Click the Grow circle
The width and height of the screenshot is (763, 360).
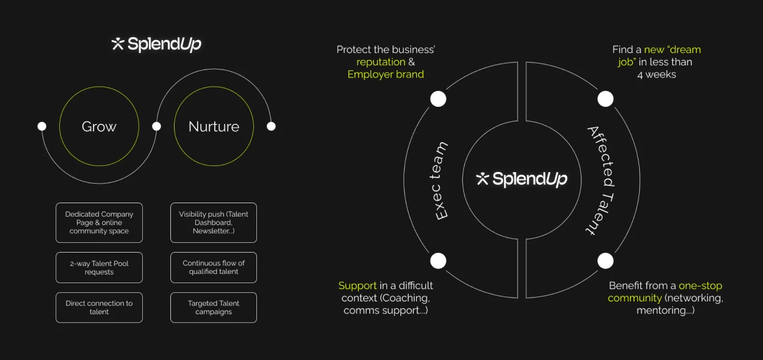(x=99, y=126)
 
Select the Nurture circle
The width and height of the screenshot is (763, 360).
(x=214, y=126)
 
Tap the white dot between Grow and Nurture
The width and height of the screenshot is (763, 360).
(x=156, y=126)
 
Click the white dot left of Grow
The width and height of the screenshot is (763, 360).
(x=42, y=126)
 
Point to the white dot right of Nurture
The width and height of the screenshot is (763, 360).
(x=271, y=126)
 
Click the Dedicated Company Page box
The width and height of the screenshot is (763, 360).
(x=99, y=223)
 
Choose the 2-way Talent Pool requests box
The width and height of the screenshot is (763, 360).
(x=99, y=267)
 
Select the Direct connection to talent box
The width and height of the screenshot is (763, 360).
(x=99, y=308)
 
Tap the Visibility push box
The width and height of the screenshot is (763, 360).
(x=214, y=223)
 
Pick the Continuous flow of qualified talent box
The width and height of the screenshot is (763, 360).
(x=214, y=267)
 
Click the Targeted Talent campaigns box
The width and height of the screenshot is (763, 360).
(x=214, y=308)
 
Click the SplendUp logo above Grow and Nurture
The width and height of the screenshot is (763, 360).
(x=156, y=44)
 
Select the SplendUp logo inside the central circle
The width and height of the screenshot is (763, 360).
(x=522, y=179)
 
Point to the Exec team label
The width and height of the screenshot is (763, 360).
(x=441, y=181)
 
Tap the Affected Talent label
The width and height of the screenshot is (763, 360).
(x=601, y=181)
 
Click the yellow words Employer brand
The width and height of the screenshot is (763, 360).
(x=385, y=74)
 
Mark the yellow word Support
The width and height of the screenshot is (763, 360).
(x=358, y=286)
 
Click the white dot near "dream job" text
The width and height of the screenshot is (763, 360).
(x=605, y=99)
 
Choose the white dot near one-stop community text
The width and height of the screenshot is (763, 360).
(x=605, y=261)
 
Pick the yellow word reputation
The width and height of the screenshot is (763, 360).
(x=381, y=62)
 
